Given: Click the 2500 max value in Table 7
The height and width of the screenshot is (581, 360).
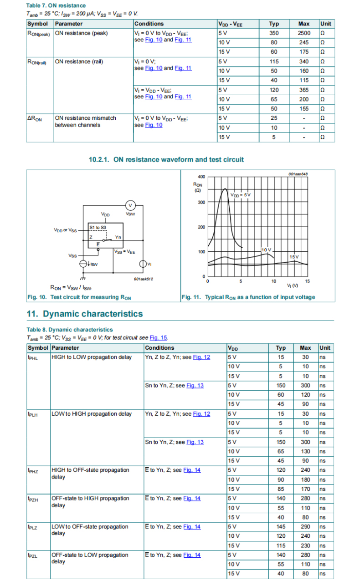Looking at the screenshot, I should point(303,33).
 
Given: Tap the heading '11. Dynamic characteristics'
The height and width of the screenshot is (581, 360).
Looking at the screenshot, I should point(85,314).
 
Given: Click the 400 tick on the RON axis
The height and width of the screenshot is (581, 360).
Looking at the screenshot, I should point(201,177).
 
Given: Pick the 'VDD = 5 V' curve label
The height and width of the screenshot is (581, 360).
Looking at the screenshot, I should point(241,195).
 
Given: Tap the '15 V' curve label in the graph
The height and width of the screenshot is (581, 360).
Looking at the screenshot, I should point(294,257).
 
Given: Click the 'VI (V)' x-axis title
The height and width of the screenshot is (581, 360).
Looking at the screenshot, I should point(292,286).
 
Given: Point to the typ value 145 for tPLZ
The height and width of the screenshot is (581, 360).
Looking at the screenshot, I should point(281,527).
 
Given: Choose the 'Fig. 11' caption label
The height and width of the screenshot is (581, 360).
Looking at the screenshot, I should point(191,297).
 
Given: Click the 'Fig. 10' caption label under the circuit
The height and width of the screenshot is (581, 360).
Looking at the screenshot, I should point(37,297).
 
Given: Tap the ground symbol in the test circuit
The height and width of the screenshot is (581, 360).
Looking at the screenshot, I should point(82,278).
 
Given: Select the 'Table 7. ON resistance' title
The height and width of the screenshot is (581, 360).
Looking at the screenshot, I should point(56,5).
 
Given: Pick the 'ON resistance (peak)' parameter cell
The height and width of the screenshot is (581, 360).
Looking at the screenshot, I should point(81,33).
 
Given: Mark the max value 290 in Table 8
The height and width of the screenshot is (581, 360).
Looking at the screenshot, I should point(305,527).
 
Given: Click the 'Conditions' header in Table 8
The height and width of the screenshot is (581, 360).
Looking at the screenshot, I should point(159,348).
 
